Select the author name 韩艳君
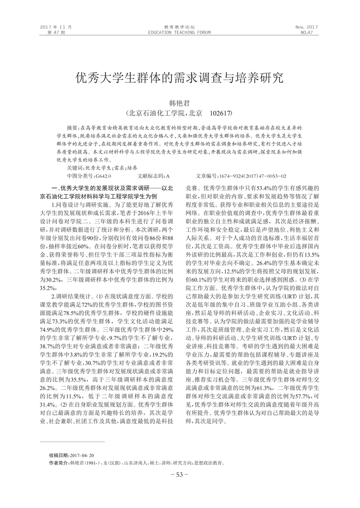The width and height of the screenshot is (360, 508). (180, 103)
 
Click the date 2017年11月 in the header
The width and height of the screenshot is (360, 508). (56, 27)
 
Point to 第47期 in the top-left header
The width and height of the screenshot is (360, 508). (56, 33)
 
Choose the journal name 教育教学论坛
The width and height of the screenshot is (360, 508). (180, 27)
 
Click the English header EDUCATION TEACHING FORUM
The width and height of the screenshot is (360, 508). (180, 33)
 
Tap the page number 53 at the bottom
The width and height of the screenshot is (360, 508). (180, 475)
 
